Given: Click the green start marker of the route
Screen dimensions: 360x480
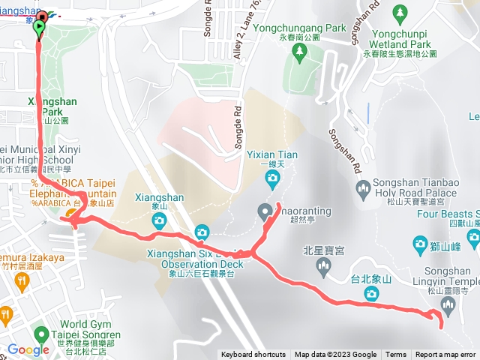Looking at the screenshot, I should pyautogui.click(x=39, y=28).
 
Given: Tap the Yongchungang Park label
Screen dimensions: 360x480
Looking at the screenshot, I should pyautogui.click(x=300, y=28).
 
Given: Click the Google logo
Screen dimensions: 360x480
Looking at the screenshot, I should pyautogui.click(x=28, y=349).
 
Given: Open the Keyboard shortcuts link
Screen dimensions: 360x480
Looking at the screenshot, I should pyautogui.click(x=253, y=355).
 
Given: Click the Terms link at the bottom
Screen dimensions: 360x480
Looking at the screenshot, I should pyautogui.click(x=396, y=355).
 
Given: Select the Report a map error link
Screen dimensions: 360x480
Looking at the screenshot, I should pyautogui.click(x=445, y=355).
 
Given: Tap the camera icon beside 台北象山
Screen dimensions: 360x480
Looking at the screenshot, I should pyautogui.click(x=370, y=295).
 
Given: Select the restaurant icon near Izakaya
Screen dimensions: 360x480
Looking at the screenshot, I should pyautogui.click(x=20, y=281).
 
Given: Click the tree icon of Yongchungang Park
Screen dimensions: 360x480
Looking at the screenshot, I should pyautogui.click(x=300, y=50).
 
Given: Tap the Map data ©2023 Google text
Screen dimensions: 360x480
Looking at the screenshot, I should pyautogui.click(x=335, y=355).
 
